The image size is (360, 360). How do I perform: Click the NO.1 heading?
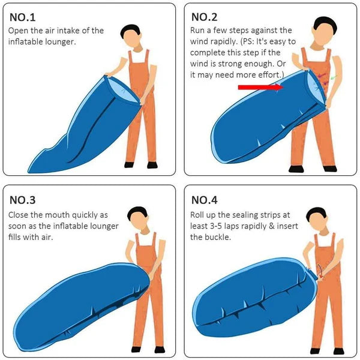point(25,16)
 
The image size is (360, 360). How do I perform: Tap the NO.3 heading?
point(25,200)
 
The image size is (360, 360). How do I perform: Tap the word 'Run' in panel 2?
point(199,30)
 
